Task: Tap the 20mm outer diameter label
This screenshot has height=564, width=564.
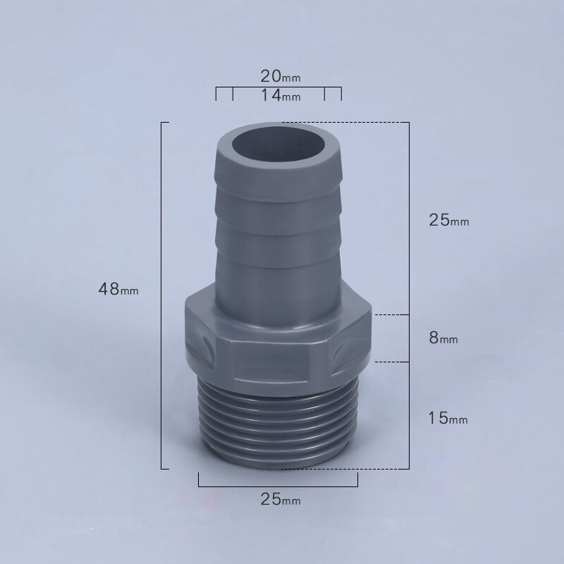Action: tap(279, 75)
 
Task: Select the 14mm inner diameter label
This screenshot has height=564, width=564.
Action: tap(279, 95)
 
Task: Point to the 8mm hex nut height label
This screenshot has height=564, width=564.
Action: tap(443, 338)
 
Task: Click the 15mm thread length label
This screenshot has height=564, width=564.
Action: tap(448, 419)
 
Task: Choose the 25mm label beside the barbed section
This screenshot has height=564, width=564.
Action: tap(448, 220)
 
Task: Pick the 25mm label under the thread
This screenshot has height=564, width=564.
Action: tap(280, 500)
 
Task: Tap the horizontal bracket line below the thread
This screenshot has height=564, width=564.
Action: tap(278, 485)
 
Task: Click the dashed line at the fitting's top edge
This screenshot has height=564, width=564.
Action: tap(345, 123)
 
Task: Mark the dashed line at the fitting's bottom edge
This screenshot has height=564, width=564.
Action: tap(345, 468)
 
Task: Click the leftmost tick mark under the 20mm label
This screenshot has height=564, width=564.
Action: tap(216, 94)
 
